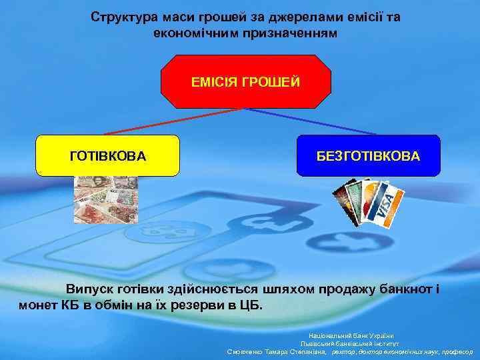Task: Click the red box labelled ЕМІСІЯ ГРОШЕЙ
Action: point(246,81)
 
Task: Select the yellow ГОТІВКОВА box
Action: point(107,155)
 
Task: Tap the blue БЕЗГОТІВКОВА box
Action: point(368,155)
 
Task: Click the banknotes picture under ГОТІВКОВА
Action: point(105,199)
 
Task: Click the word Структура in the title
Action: point(120,16)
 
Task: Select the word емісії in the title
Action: point(356,16)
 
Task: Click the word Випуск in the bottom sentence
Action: point(89,289)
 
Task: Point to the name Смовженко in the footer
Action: point(250,351)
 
